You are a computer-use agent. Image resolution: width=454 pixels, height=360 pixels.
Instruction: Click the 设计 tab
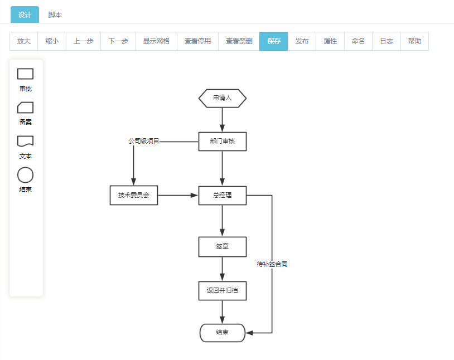pyautogui.click(x=25, y=14)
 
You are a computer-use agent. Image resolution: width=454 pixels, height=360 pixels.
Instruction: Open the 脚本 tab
pyautogui.click(x=55, y=14)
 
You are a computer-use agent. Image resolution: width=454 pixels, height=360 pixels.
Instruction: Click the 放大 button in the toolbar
pyautogui.click(x=24, y=41)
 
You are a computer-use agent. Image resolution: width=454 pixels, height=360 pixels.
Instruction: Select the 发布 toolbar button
pyautogui.click(x=302, y=41)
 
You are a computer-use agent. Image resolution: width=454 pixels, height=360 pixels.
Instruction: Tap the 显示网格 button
pyautogui.click(x=156, y=41)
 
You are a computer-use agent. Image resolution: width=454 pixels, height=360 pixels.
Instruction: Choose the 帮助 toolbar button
pyautogui.click(x=414, y=41)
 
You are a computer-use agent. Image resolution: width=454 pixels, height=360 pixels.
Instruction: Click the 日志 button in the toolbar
pyautogui.click(x=387, y=41)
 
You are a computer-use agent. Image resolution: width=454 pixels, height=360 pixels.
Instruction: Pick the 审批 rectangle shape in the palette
pyautogui.click(x=26, y=74)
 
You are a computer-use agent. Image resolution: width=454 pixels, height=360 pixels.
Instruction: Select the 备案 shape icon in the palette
pyautogui.click(x=26, y=108)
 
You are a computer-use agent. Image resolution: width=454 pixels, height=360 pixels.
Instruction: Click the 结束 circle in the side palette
pyautogui.click(x=26, y=175)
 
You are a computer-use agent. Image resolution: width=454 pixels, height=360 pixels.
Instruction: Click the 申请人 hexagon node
pyautogui.click(x=223, y=99)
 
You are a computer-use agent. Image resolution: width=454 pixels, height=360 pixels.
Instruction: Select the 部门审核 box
pyautogui.click(x=223, y=142)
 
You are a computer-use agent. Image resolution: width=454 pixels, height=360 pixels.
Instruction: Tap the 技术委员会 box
pyautogui.click(x=134, y=196)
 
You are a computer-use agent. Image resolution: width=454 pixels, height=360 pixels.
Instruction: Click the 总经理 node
pyautogui.click(x=223, y=196)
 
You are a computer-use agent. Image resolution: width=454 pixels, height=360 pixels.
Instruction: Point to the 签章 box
pyautogui.click(x=223, y=247)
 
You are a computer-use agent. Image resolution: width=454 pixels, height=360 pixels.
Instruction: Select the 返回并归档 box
pyautogui.click(x=223, y=291)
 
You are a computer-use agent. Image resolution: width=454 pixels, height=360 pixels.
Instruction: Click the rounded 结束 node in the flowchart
pyautogui.click(x=223, y=333)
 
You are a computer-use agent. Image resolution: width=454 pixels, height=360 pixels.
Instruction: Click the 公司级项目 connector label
pyautogui.click(x=144, y=141)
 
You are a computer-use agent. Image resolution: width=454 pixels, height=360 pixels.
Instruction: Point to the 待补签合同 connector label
pyautogui.click(x=272, y=264)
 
